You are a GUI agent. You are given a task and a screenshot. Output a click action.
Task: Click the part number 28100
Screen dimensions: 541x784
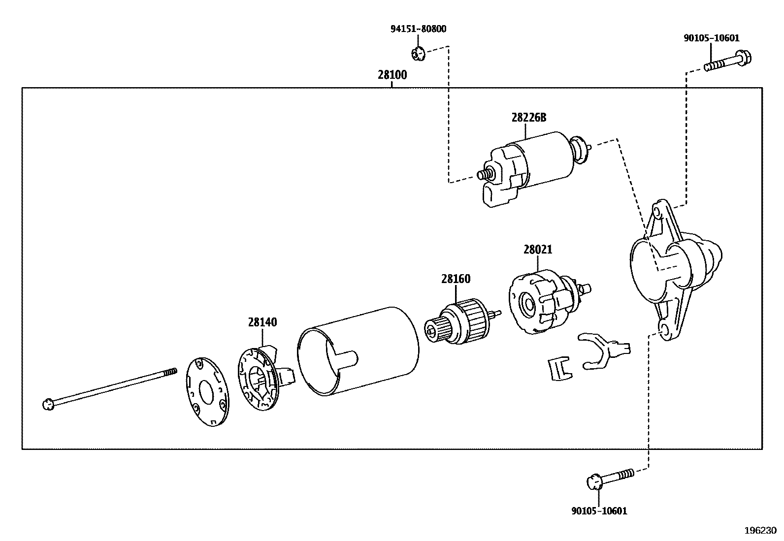pos(392,75)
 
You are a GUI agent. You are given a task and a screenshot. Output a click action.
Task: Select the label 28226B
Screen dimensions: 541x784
pos(528,118)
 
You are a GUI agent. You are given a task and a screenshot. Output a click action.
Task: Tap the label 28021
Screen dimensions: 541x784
pos(537,250)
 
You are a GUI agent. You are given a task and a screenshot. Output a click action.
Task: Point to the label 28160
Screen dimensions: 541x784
pos(456,279)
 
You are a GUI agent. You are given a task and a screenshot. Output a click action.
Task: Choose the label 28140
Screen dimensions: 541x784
pos(262,322)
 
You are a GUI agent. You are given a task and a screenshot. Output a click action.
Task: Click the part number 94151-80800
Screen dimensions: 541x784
pos(418,29)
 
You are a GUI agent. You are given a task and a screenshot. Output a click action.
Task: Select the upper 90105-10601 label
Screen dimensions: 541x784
pos(711,38)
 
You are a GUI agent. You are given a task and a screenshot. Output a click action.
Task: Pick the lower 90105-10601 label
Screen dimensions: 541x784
pos(599,511)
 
